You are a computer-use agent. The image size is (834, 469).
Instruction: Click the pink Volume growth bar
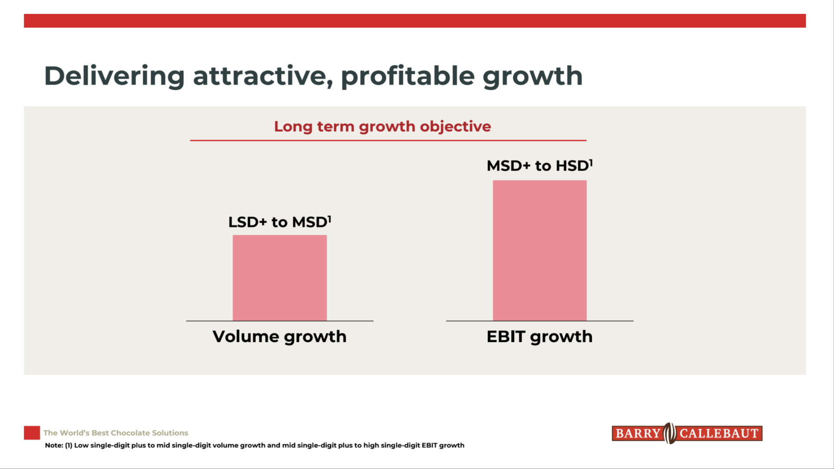280,278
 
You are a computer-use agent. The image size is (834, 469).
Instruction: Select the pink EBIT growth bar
539,251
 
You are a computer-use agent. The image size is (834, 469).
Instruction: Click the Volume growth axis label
279,337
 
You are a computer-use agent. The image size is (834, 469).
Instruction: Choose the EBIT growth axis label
539,337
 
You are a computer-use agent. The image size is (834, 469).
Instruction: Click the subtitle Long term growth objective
382,126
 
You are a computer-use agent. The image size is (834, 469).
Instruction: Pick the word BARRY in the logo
638,433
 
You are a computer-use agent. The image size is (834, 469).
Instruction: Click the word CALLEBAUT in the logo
719,433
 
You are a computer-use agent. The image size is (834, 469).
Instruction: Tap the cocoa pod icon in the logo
670,433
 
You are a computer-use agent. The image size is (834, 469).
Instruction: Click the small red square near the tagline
32,433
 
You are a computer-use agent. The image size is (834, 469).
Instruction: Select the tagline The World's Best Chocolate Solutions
116,433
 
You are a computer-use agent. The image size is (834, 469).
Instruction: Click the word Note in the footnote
53,446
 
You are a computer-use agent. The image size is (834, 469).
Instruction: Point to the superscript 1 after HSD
591,162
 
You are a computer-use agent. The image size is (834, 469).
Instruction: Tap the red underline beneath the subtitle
388,140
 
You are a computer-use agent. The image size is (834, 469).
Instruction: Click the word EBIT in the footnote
429,446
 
